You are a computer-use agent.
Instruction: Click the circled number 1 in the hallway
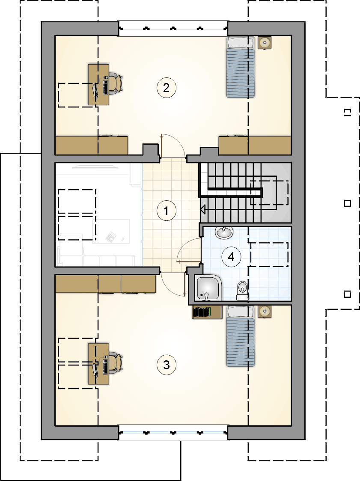point(167,211)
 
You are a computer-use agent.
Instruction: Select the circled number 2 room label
point(167,88)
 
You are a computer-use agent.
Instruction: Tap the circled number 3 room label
point(167,365)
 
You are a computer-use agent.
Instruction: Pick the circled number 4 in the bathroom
point(231,256)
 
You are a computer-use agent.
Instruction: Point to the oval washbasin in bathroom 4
point(224,233)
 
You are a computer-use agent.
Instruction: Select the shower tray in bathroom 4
point(208,288)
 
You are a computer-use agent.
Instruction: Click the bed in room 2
point(241,67)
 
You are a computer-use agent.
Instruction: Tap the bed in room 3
point(241,336)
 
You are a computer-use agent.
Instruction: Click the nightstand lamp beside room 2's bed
point(264,43)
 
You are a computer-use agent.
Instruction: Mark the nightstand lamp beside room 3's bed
point(264,312)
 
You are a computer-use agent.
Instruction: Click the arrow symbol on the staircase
point(203,210)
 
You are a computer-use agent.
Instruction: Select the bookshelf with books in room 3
point(207,312)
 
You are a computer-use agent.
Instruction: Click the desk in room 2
point(98,84)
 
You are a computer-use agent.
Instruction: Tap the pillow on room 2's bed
point(241,42)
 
